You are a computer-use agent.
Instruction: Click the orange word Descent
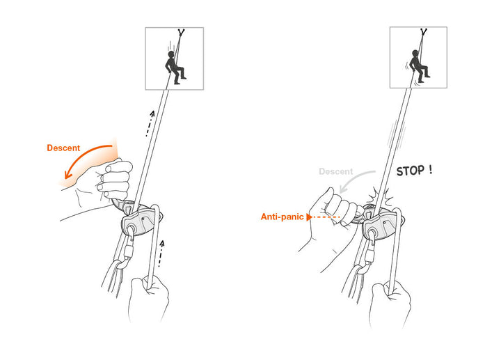[63, 148]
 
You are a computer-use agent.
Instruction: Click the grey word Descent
[335, 171]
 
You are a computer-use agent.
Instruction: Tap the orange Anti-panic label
[283, 217]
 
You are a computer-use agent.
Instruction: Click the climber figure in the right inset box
[419, 66]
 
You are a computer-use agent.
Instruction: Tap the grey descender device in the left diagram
[142, 222]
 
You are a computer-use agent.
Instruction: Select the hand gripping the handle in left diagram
[108, 181]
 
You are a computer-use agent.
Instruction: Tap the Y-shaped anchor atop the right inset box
[425, 33]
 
